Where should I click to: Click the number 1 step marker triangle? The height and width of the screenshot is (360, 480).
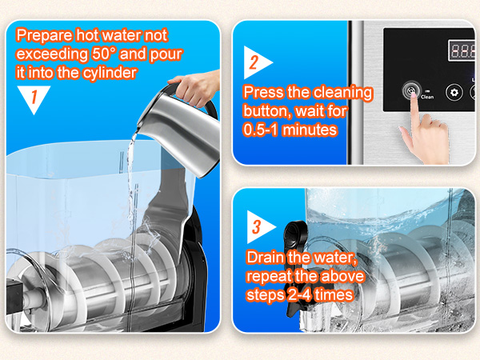point(34,98)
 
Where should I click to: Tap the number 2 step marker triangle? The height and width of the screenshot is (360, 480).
point(256,62)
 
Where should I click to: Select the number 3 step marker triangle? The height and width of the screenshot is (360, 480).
point(259,227)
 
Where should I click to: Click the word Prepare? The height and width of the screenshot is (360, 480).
point(44,36)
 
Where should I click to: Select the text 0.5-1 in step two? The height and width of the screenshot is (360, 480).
point(260,130)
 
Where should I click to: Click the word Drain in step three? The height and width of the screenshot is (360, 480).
point(265,257)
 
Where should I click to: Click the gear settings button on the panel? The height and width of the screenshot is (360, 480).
point(454,92)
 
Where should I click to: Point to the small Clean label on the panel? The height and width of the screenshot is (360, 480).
point(427,97)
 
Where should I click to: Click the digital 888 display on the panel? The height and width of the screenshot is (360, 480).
point(462,50)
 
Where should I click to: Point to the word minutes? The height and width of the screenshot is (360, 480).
point(309,130)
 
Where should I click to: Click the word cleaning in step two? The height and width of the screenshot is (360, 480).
point(330,93)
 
